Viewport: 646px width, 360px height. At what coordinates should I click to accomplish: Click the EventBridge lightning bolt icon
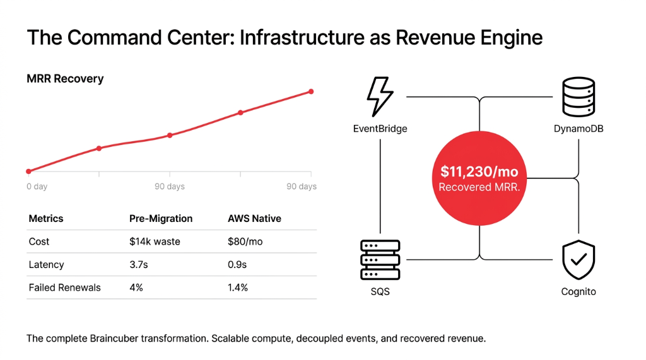pyautogui.click(x=380, y=96)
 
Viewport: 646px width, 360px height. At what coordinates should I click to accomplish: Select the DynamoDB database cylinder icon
pyautogui.click(x=578, y=96)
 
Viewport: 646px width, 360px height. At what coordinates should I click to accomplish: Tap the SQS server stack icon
pyautogui.click(x=380, y=260)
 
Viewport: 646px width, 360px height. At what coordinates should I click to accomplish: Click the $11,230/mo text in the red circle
pyautogui.click(x=479, y=171)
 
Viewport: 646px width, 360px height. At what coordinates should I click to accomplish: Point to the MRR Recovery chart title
pyautogui.click(x=65, y=79)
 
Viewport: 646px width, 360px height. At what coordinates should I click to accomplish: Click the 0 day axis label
pyautogui.click(x=37, y=187)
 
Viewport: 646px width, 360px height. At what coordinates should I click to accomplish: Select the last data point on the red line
pyautogui.click(x=311, y=91)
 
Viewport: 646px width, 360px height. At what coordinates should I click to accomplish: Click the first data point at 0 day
pyautogui.click(x=28, y=171)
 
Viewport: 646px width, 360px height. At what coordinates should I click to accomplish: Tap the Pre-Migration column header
pyautogui.click(x=161, y=219)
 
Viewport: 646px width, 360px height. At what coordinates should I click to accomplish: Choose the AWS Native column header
pyautogui.click(x=254, y=219)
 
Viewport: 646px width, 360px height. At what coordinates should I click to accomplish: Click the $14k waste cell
pyautogui.click(x=155, y=241)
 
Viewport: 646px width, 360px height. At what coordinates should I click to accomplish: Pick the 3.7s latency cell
pyautogui.click(x=138, y=265)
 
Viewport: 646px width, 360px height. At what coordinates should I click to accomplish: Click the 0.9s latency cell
pyautogui.click(x=237, y=265)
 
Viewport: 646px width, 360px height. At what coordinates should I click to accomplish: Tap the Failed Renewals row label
pyautogui.click(x=64, y=287)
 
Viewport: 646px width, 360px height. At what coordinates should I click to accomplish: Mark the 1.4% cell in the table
pyautogui.click(x=238, y=287)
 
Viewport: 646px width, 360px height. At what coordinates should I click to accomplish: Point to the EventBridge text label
pyautogui.click(x=380, y=129)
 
